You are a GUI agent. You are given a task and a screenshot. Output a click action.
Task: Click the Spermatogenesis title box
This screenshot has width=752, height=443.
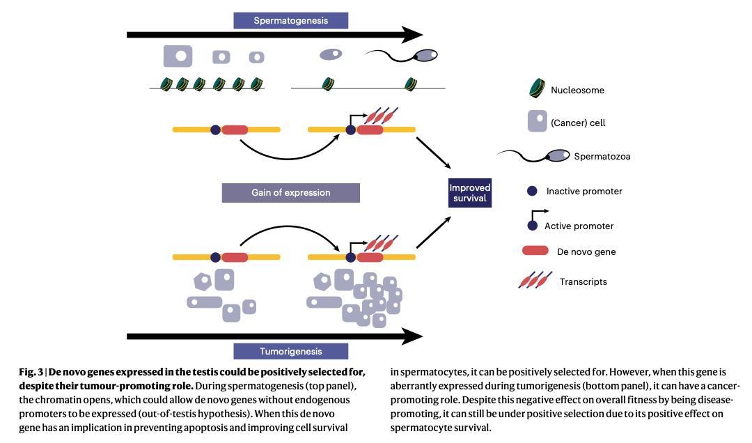[290, 20]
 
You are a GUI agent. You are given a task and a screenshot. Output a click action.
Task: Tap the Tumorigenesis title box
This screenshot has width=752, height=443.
[290, 351]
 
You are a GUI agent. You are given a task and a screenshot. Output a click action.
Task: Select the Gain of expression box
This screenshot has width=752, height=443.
[290, 192]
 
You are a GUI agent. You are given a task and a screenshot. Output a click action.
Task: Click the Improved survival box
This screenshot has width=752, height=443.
[470, 193]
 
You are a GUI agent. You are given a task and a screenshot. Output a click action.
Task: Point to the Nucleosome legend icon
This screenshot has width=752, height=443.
[538, 88]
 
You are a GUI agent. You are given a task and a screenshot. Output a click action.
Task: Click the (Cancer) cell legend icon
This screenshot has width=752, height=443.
[537, 122]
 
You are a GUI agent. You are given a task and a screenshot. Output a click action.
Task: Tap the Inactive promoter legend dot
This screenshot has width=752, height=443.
[533, 191]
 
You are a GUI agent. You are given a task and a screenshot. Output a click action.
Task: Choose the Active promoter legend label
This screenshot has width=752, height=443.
[579, 226]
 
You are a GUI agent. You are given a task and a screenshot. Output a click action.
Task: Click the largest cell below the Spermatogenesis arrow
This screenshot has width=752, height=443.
[178, 56]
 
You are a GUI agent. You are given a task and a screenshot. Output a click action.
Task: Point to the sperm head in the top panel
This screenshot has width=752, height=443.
[425, 56]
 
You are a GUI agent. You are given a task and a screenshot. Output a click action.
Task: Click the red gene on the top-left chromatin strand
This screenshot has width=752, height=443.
[235, 130]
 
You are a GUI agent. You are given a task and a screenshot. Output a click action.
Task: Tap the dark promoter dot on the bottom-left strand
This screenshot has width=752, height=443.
[216, 257]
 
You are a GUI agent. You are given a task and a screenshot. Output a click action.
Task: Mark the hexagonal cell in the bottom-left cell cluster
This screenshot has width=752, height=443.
[203, 281]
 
